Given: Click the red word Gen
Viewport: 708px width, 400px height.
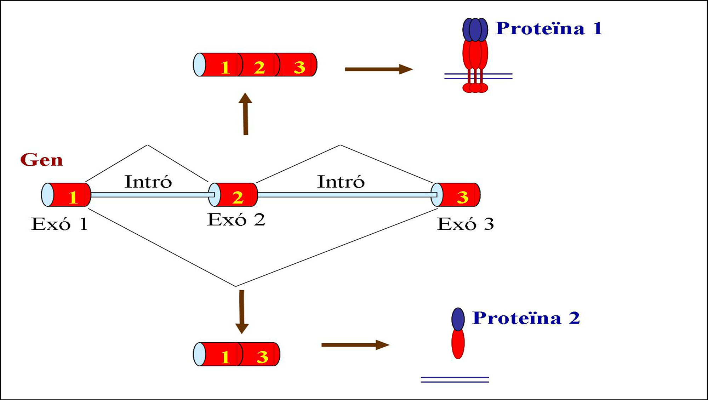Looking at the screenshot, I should coord(41,160).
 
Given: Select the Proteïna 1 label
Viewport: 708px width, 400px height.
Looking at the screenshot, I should coord(549,28).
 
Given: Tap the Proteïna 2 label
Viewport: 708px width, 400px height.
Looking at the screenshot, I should coord(526,318).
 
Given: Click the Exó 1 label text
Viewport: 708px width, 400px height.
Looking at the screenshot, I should coord(59,224).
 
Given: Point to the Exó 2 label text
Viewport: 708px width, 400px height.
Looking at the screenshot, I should coord(236,220).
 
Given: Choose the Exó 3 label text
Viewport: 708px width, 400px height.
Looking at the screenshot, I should coord(466,224).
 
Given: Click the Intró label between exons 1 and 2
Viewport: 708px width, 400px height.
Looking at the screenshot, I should coord(148,182).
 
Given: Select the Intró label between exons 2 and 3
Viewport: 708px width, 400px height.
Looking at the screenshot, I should coord(341,182).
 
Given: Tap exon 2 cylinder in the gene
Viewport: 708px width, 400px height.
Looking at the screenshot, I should coord(234,195).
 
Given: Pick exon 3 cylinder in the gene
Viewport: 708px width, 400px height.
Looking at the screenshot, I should coord(457,195).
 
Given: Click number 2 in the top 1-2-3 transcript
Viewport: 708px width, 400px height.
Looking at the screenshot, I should coord(259,67).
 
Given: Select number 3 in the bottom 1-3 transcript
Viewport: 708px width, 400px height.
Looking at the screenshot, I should coord(262,356).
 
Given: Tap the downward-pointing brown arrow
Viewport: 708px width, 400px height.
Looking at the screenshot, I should coord(242,312).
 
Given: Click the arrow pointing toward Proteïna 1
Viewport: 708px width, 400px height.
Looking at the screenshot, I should coord(378,69).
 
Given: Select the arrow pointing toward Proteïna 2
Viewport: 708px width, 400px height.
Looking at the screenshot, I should coord(355,345).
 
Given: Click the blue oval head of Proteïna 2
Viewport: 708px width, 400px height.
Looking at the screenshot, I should coord(458,319).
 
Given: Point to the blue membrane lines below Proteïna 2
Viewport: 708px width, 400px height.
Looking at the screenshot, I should coord(455,380).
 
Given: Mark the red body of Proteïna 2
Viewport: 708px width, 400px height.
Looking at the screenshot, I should coord(458,343).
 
